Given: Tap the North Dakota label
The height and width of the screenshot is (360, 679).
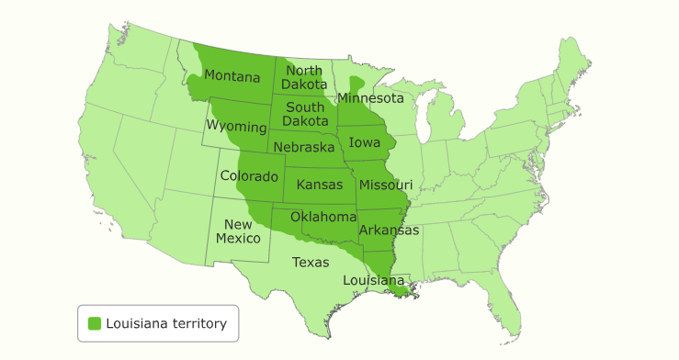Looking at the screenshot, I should click(x=304, y=77).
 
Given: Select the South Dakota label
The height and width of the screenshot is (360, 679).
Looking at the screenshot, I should click(x=305, y=114).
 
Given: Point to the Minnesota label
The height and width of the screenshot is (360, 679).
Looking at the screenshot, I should click(x=370, y=97).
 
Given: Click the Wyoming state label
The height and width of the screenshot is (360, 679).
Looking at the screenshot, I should click(x=236, y=125).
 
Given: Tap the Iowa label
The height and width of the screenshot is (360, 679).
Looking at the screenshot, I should click(x=366, y=142).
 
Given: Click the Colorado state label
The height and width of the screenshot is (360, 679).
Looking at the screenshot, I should click(x=249, y=175).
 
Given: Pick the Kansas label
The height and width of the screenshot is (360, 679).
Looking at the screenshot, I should click(x=320, y=186).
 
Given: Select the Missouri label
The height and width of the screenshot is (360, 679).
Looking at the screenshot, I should click(x=386, y=185).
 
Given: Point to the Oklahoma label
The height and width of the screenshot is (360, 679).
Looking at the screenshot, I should click(x=323, y=217).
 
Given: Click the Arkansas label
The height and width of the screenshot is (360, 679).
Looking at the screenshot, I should click(x=389, y=230).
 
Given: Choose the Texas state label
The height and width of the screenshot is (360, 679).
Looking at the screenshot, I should click(x=310, y=262).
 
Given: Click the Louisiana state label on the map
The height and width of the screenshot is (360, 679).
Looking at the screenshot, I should click(x=373, y=279).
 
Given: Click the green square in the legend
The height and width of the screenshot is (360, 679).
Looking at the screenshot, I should click(x=94, y=323).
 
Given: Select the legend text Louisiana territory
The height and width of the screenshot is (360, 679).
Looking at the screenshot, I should click(x=166, y=323).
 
